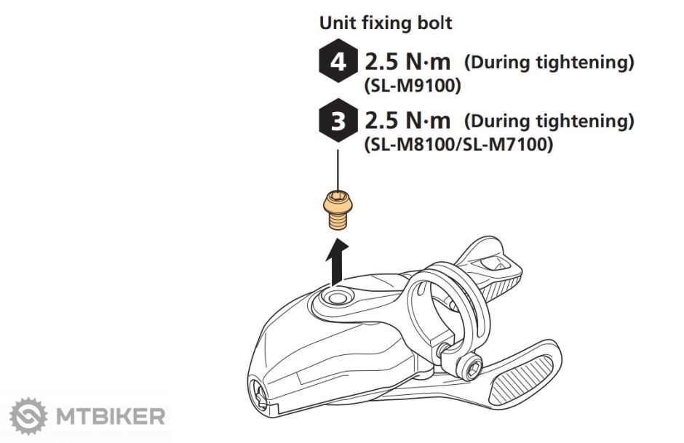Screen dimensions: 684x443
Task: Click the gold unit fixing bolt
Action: point(338,209)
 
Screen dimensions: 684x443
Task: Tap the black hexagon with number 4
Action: point(338,61)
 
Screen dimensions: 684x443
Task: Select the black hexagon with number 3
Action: point(338,121)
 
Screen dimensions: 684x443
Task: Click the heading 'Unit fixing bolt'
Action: point(386,23)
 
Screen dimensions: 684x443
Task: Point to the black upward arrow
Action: point(337,262)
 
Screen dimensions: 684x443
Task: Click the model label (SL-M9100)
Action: point(413,86)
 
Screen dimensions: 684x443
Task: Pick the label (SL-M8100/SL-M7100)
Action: point(458,144)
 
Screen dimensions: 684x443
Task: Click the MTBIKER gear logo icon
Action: point(28,416)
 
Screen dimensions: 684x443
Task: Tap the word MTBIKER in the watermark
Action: point(111,416)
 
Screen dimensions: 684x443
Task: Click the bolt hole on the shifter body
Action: point(335,298)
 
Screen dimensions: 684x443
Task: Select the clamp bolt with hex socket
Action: point(471,365)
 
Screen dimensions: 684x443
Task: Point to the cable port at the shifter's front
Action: point(258,394)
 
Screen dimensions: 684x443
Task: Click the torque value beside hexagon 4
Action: point(407,62)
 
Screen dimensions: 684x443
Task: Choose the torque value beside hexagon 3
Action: point(407,121)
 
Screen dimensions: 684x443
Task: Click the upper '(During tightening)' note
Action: point(549,63)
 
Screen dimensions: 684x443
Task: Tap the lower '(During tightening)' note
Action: point(549,121)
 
